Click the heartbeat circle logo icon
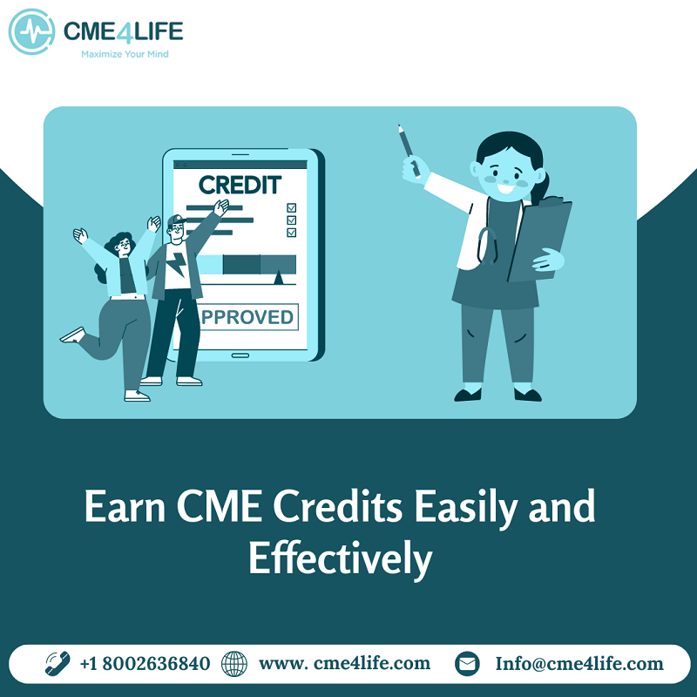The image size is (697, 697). coord(31,31)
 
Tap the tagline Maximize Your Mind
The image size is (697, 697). coord(125,54)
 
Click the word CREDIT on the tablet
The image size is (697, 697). coord(240,185)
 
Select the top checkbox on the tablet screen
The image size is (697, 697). coord(292,207)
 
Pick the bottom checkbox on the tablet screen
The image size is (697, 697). coord(292,233)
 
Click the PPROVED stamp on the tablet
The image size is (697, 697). coord(248,317)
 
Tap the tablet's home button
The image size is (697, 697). coord(240,355)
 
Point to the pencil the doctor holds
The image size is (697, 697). coord(409,151)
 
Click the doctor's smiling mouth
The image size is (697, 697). coord(506,188)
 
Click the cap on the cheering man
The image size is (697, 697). coord(177,220)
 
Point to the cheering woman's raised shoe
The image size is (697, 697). coord(73,335)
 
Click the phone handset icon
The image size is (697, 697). coord(58,664)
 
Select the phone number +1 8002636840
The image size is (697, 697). coord(145,664)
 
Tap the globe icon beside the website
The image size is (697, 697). coord(234,664)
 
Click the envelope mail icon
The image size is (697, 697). coord(467,664)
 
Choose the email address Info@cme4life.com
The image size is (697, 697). coord(579,664)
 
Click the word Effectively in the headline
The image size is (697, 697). coord(341,559)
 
